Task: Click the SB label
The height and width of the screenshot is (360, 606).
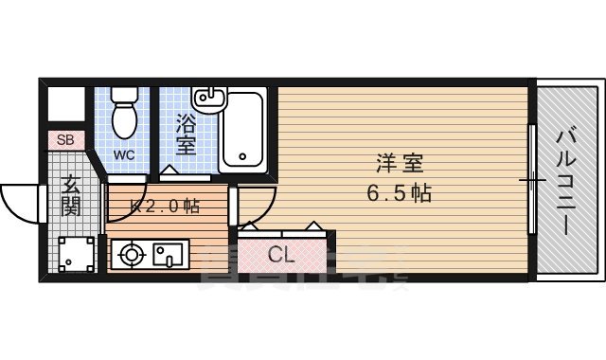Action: point(64,140)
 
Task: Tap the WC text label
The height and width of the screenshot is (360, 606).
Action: point(124,154)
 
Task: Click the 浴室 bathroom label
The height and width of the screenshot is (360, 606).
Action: point(186,134)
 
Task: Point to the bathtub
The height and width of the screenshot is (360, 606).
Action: point(244,133)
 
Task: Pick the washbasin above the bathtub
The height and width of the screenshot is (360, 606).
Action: point(207,98)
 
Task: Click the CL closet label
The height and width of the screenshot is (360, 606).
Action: point(280,254)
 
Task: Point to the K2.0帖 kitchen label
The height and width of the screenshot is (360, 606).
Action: point(166,206)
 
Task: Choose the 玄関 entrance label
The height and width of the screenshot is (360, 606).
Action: point(70,197)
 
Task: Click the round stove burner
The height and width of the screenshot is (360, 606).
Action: point(130,254)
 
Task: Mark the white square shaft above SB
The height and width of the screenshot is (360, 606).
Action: point(65,104)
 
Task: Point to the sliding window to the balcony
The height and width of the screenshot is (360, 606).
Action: point(532,179)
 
